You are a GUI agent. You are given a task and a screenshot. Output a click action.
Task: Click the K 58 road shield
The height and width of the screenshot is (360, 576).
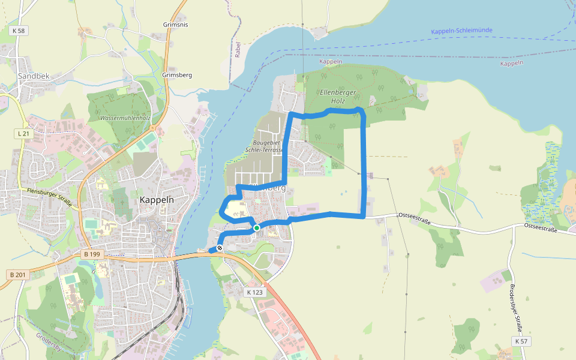click(x=19, y=30)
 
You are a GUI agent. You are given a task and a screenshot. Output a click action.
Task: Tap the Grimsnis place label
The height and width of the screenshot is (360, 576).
click(x=175, y=25)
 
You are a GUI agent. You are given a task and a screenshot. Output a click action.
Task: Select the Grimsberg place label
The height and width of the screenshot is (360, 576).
click(x=177, y=75)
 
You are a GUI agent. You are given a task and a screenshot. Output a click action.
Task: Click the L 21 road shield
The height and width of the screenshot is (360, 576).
click(x=23, y=133)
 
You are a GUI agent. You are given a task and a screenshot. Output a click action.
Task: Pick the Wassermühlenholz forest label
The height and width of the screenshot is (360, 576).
click(x=125, y=118)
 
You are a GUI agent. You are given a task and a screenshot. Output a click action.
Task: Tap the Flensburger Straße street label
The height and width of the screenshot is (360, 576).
click(x=49, y=197)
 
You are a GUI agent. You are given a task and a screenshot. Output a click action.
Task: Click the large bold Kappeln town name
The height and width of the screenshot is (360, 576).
click(x=157, y=200)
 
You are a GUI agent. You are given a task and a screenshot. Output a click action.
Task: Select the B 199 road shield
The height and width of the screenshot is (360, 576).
click(x=91, y=255)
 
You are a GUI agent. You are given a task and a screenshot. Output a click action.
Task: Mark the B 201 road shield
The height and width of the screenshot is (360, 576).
click(x=18, y=274)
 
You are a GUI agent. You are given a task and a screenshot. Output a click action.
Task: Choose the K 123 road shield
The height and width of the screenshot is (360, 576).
click(x=255, y=292)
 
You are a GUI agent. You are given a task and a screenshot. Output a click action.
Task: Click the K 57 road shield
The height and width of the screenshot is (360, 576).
click(x=521, y=341)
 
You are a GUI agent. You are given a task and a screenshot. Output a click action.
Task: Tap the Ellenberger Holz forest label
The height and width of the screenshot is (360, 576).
click(x=339, y=97)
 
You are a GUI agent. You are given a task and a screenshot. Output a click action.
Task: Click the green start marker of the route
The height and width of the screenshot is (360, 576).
click(x=257, y=228)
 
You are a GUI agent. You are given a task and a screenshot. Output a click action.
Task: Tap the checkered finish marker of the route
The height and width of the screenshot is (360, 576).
click(x=220, y=248)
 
